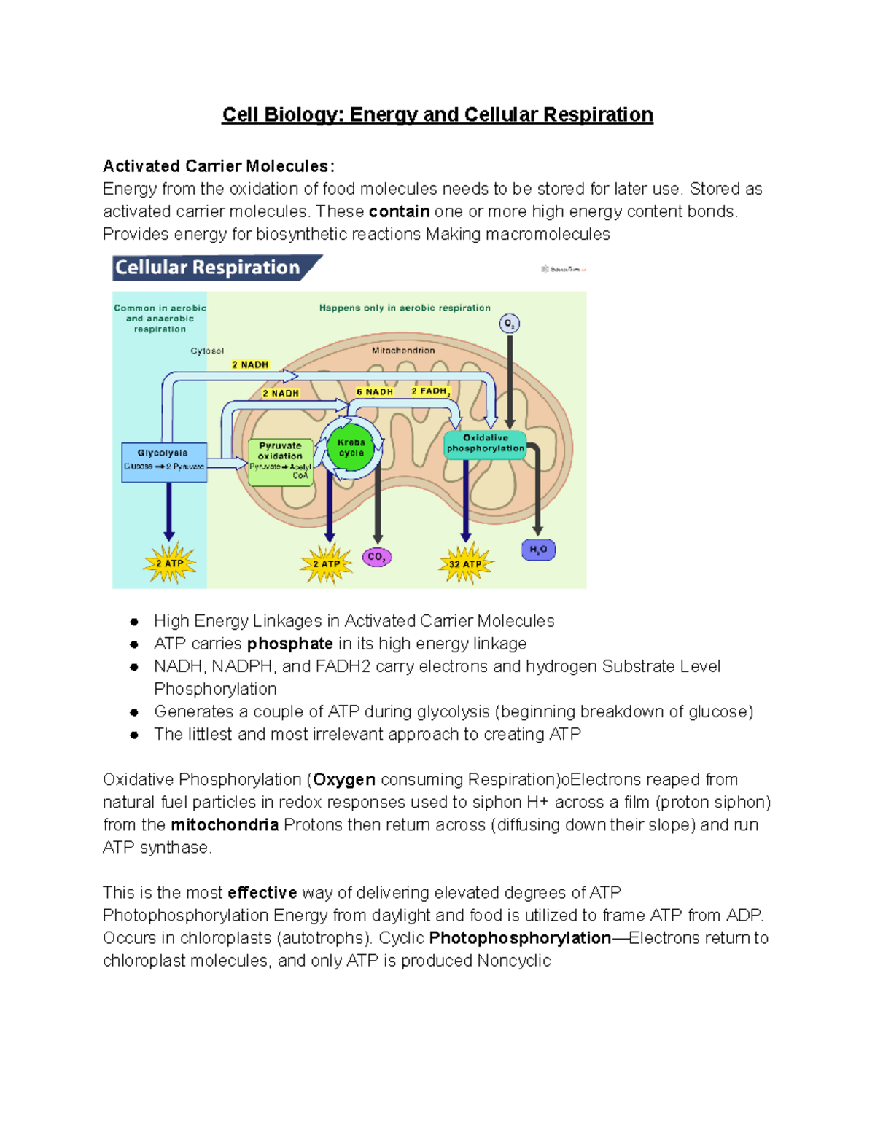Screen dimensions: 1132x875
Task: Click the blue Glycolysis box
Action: pos(164,461)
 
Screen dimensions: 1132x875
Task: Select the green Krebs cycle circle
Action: pos(351,448)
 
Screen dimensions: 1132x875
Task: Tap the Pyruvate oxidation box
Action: pos(281,461)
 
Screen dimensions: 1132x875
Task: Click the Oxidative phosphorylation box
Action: pos(485,443)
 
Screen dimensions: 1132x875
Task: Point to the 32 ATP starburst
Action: pos(465,563)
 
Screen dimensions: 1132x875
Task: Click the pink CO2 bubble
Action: pos(377,557)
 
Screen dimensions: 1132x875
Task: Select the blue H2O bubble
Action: pos(538,550)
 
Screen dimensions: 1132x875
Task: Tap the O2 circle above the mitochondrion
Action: pos(509,324)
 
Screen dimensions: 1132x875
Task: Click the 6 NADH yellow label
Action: pos(375,391)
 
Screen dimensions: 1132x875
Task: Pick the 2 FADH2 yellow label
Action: pos(430,391)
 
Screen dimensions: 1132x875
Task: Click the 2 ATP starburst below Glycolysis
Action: pos(169,563)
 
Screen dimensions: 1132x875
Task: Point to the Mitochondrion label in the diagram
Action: pos(403,350)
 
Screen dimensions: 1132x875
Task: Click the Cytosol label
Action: pos(207,351)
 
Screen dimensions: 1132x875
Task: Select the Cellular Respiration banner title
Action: pos(208,268)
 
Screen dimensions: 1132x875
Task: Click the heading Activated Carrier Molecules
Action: pos(218,166)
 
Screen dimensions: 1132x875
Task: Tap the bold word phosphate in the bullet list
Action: pos(289,644)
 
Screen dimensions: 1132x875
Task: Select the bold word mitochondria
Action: pos(225,824)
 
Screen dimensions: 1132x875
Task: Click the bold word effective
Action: pos(262,892)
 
